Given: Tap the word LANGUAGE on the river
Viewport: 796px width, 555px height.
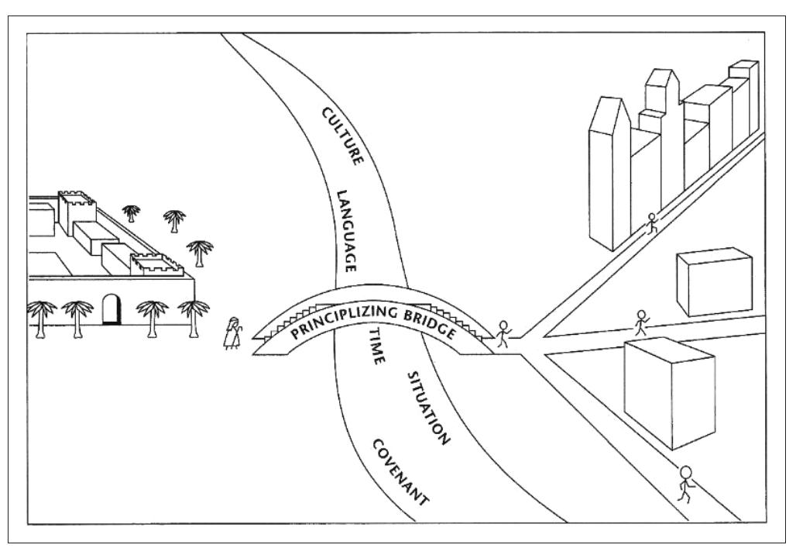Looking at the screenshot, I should [347, 231].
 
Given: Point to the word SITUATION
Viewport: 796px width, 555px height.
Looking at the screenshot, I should [427, 408].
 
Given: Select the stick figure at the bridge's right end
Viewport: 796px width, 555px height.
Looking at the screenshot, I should [503, 334].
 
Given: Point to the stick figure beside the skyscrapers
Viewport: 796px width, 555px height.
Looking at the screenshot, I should [652, 223].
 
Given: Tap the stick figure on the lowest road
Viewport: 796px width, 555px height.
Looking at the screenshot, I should [685, 484].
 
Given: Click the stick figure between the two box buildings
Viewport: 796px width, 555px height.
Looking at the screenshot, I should [640, 322].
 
